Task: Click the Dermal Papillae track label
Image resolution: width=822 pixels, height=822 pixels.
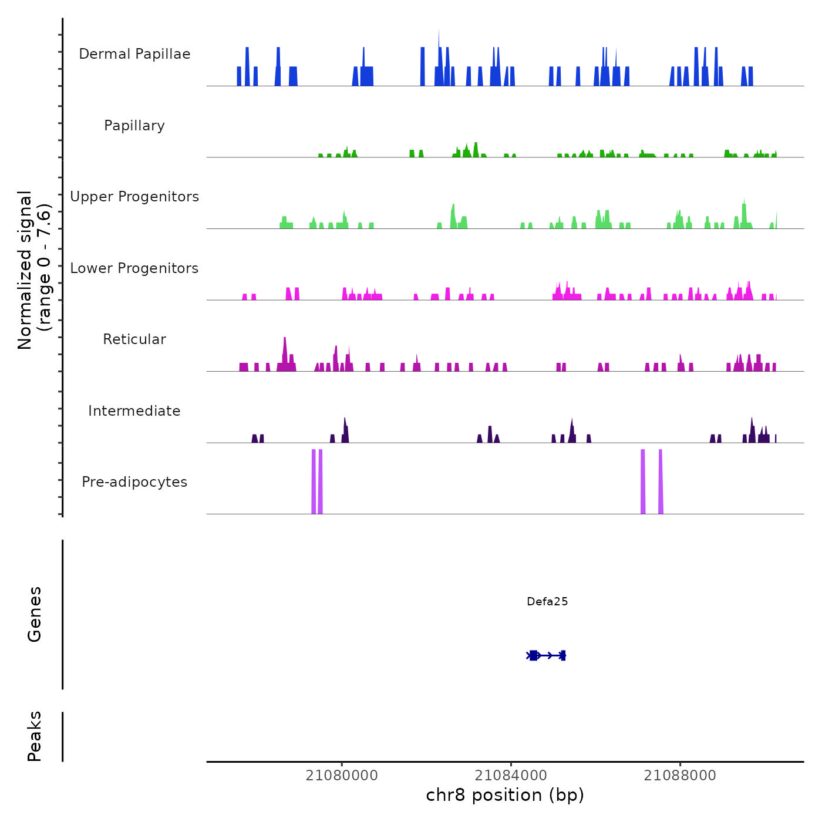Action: tap(134, 54)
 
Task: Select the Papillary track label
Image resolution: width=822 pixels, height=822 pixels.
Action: tap(134, 126)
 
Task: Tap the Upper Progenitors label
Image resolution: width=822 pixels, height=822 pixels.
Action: tap(134, 197)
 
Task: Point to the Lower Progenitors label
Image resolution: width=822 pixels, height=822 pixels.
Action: tap(134, 268)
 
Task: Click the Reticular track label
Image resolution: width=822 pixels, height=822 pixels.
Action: tap(134, 339)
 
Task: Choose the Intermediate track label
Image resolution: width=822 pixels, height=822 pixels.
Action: tap(134, 411)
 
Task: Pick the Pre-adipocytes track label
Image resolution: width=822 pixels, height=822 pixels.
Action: tap(134, 482)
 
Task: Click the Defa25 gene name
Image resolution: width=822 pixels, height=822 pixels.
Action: tap(547, 601)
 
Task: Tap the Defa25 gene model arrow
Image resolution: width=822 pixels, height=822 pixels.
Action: tap(546, 655)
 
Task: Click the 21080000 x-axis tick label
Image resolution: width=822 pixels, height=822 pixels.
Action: tap(342, 776)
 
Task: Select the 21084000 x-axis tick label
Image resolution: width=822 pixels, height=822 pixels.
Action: tap(511, 776)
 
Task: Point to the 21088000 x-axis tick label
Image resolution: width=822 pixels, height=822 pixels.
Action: tap(680, 776)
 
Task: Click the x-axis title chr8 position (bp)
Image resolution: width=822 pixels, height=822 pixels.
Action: tap(505, 796)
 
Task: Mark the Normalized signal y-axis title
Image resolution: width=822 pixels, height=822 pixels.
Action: tap(34, 269)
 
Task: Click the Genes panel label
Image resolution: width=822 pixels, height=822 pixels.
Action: tap(35, 614)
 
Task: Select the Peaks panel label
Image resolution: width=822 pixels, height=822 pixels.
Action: tap(35, 736)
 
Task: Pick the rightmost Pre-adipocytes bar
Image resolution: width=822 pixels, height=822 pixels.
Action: tap(661, 481)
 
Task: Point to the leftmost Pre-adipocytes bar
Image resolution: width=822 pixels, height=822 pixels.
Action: tap(314, 481)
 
